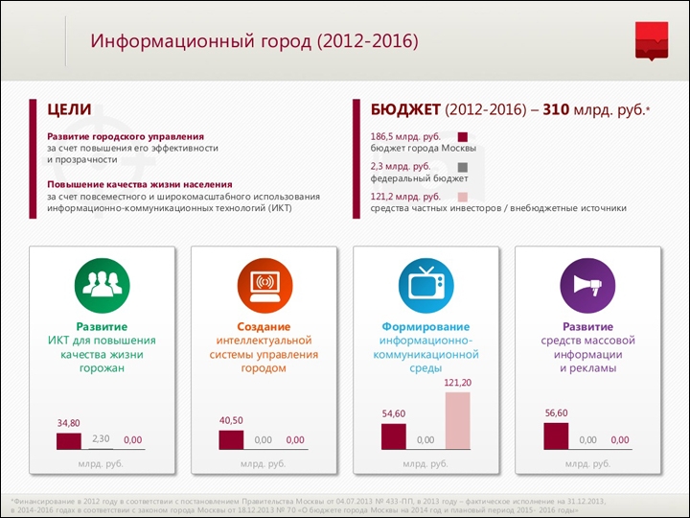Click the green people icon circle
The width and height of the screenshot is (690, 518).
coord(102,283)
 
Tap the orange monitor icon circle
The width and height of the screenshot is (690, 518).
coord(264,283)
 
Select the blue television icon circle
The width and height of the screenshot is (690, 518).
coord(425,283)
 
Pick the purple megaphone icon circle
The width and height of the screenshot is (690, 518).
coord(587,283)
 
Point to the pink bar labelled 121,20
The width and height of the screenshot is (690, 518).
coord(458,420)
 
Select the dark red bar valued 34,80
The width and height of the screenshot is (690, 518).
coord(69,440)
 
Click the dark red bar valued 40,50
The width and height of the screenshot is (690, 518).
coord(231,439)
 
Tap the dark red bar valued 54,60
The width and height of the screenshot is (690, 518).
coord(394,436)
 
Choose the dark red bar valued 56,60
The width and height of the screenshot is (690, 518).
coord(556,435)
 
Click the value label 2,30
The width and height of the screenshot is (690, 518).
coord(101,437)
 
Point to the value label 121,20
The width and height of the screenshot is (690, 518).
coord(458,383)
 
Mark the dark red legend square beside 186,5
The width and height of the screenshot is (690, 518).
coord(463,137)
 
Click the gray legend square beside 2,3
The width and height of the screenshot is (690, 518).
coord(463,167)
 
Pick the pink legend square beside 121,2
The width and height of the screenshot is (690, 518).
coord(463,196)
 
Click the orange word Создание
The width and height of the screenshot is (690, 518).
coord(264,327)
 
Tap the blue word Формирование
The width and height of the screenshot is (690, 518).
coord(425,327)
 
